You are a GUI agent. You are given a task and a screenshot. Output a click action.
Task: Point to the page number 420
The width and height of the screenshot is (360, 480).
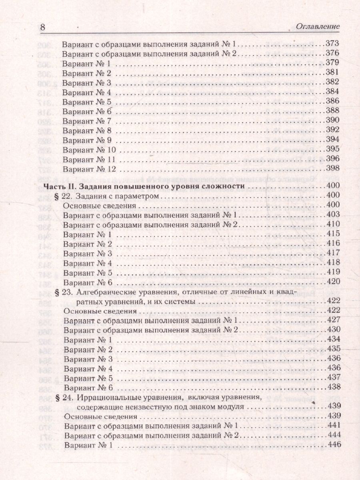point(332,282)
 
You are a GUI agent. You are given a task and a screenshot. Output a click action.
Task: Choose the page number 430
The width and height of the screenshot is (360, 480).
point(332,329)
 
